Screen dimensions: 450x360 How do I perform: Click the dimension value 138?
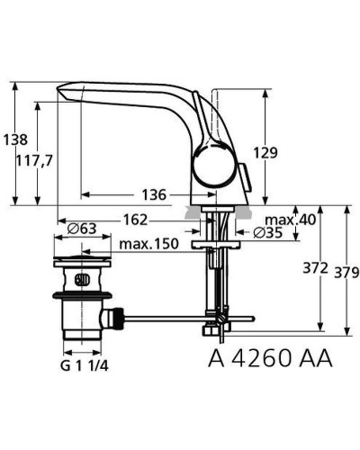[x=16, y=140]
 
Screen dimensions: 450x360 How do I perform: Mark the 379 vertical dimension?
[x=341, y=269]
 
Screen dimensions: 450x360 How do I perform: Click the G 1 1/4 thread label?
[x=88, y=366]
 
